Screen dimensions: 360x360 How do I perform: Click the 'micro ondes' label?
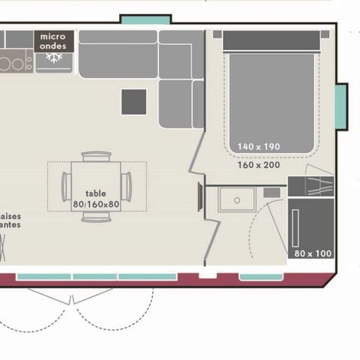(54, 40)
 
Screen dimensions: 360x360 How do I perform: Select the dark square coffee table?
(134, 101)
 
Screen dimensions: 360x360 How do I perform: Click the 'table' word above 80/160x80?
(96, 192)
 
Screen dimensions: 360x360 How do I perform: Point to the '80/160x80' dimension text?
(97, 203)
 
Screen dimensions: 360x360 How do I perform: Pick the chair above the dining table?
(97, 157)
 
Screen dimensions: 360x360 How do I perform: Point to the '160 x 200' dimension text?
(259, 164)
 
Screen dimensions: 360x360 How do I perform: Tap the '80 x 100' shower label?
(313, 253)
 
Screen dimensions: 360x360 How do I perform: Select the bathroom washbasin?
(237, 199)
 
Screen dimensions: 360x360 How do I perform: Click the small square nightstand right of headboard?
(325, 34)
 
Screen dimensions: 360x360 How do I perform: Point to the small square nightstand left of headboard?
(217, 34)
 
